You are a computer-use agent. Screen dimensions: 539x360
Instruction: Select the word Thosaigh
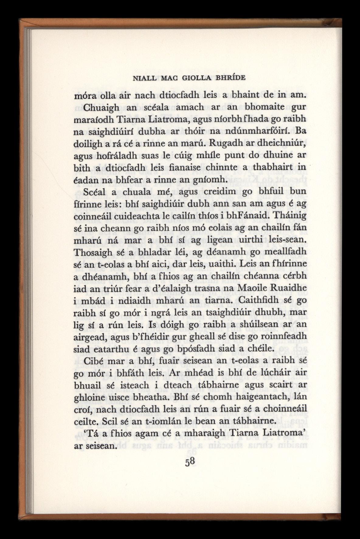tap(89, 252)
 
